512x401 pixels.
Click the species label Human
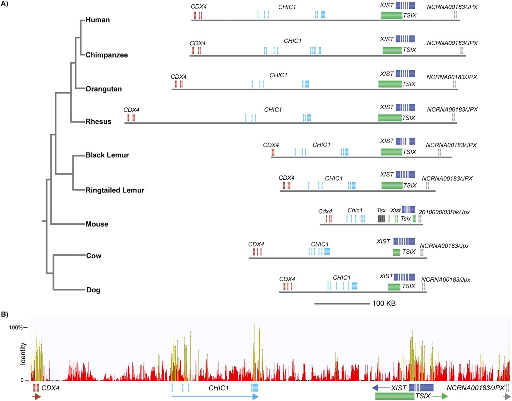pos(97,20)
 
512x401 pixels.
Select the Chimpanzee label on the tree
pos(106,55)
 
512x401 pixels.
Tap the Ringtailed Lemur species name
pos(115,190)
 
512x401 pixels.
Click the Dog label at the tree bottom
pos(93,290)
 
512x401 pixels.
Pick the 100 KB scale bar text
pos(384,304)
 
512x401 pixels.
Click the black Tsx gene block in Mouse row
pos(382,218)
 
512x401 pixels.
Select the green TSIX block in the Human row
pos(392,15)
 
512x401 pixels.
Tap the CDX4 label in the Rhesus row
pos(131,110)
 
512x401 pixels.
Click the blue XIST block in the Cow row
pos(404,241)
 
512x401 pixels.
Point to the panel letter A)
pos(6,5)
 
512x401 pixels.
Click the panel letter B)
pos(5,314)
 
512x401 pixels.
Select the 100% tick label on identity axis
pos(16,328)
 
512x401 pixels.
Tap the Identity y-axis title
pos(23,353)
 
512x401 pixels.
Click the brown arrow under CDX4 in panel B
pos(37,396)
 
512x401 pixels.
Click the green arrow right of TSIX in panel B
pos(440,396)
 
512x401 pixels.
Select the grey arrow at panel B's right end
pos(507,396)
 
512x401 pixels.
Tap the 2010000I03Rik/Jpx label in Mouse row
pos(444,212)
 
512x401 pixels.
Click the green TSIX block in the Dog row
pos(394,286)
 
